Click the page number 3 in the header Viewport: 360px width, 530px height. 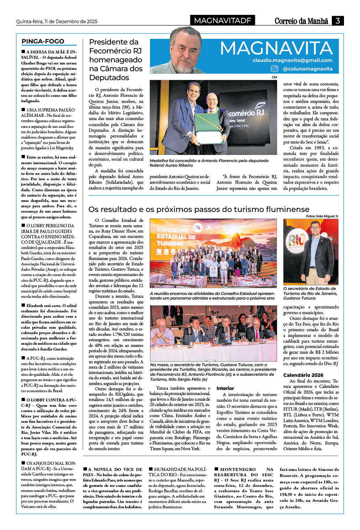[337, 21]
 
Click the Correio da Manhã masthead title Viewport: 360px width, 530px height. [301, 21]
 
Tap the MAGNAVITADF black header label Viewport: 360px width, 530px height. [222, 21]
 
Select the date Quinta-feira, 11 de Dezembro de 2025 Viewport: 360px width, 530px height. [57, 21]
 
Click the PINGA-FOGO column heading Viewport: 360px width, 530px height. [43, 41]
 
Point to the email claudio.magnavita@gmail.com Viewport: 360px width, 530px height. [292, 60]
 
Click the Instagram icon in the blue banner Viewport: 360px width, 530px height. [274, 69]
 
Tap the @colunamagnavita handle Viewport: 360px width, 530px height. [307, 69]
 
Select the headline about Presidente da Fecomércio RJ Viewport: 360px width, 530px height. [115, 59]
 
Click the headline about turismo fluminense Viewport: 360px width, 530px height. [199, 209]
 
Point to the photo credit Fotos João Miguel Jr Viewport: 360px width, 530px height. [322, 216]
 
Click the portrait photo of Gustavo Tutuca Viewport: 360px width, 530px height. [310, 251]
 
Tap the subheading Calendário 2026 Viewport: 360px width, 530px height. [303, 375]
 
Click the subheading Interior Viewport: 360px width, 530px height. [225, 388]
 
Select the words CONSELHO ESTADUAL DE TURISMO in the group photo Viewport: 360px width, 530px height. [176, 237]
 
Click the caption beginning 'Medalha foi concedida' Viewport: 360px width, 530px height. [209, 163]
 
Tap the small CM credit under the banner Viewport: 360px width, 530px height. [274, 77]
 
